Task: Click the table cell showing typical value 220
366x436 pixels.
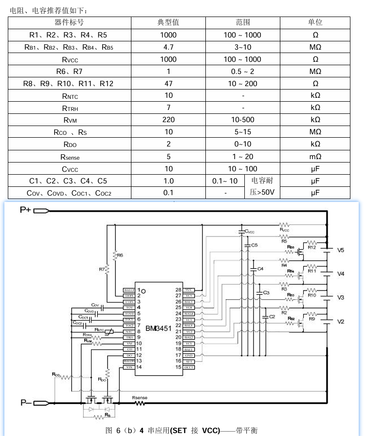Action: click(x=168, y=120)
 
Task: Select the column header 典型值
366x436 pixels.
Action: click(x=168, y=22)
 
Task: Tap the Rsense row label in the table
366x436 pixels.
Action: click(x=70, y=157)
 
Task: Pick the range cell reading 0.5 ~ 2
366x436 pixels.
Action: click(x=242, y=71)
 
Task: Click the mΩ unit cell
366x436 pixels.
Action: click(x=315, y=157)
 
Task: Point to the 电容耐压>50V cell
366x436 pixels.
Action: click(x=262, y=186)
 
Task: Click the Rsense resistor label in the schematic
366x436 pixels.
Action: click(x=140, y=398)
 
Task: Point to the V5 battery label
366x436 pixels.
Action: click(x=341, y=250)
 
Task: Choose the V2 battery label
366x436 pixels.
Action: click(x=341, y=322)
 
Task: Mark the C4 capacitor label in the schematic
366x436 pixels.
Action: click(x=260, y=269)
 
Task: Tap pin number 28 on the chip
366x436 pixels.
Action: click(x=178, y=290)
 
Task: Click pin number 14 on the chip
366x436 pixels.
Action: click(x=139, y=367)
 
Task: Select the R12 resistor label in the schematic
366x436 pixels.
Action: click(x=312, y=248)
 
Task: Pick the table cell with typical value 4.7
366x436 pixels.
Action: click(x=168, y=47)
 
